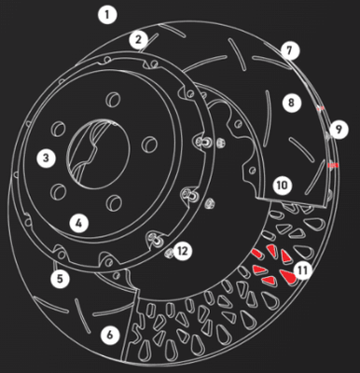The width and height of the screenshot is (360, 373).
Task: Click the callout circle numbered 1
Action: pyautogui.click(x=107, y=15)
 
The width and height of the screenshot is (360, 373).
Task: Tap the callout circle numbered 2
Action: pyautogui.click(x=139, y=39)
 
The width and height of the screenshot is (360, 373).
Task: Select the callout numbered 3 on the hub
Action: pyautogui.click(x=46, y=158)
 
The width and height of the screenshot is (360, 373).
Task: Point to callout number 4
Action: pyautogui.click(x=79, y=223)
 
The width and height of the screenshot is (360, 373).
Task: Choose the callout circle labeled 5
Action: pyautogui.click(x=61, y=278)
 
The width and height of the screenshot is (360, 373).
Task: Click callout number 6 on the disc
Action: pyautogui.click(x=110, y=335)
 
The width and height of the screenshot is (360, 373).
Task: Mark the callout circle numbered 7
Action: pyautogui.click(x=290, y=50)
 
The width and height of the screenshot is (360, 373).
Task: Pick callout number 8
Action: pyautogui.click(x=292, y=103)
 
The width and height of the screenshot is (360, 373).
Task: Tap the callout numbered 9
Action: pyautogui.click(x=339, y=130)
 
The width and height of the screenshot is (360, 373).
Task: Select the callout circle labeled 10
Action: pyautogui.click(x=283, y=186)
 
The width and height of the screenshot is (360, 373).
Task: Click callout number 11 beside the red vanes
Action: pyautogui.click(x=302, y=270)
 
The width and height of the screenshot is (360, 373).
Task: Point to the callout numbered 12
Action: pyautogui.click(x=183, y=251)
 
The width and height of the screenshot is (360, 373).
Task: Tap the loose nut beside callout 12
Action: pyautogui.click(x=169, y=253)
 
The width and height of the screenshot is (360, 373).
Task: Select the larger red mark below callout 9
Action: pyautogui.click(x=333, y=165)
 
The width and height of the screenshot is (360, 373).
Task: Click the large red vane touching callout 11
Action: pyautogui.click(x=287, y=276)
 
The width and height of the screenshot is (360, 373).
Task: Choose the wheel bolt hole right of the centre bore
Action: pyautogui.click(x=150, y=143)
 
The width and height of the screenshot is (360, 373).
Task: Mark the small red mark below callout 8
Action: pyautogui.click(x=320, y=108)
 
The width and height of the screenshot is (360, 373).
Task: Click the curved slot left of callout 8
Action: pyautogui.click(x=267, y=118)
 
